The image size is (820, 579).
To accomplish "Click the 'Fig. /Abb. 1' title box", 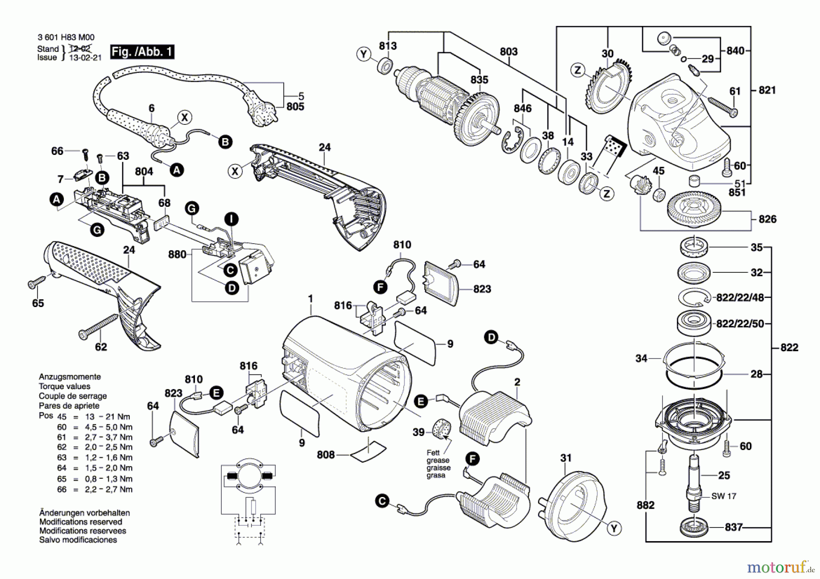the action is tap(142, 51).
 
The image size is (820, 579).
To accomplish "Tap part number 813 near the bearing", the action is tap(388, 46).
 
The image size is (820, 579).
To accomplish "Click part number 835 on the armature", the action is tap(479, 80).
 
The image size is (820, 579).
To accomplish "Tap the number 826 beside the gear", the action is tap(767, 219).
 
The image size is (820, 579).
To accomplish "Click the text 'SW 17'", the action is tap(723, 496).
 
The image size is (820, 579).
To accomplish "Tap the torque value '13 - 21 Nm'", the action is tap(108, 417).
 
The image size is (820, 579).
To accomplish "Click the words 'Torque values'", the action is tap(64, 386).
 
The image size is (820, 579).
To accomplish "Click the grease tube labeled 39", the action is tap(441, 429).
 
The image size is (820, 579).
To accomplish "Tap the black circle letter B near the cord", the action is tap(225, 142).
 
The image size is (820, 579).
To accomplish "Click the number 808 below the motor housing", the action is tap(326, 455).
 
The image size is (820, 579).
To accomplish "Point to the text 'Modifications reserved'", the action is tap(81, 522).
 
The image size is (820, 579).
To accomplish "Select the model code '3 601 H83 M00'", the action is tap(66, 37).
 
